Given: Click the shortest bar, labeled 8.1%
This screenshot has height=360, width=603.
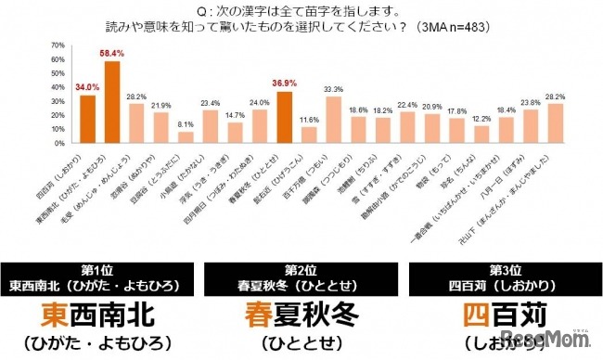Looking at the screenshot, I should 186,136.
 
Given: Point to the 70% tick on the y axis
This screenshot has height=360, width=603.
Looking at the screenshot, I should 58,45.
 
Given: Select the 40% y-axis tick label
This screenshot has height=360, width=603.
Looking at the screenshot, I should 58,86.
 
